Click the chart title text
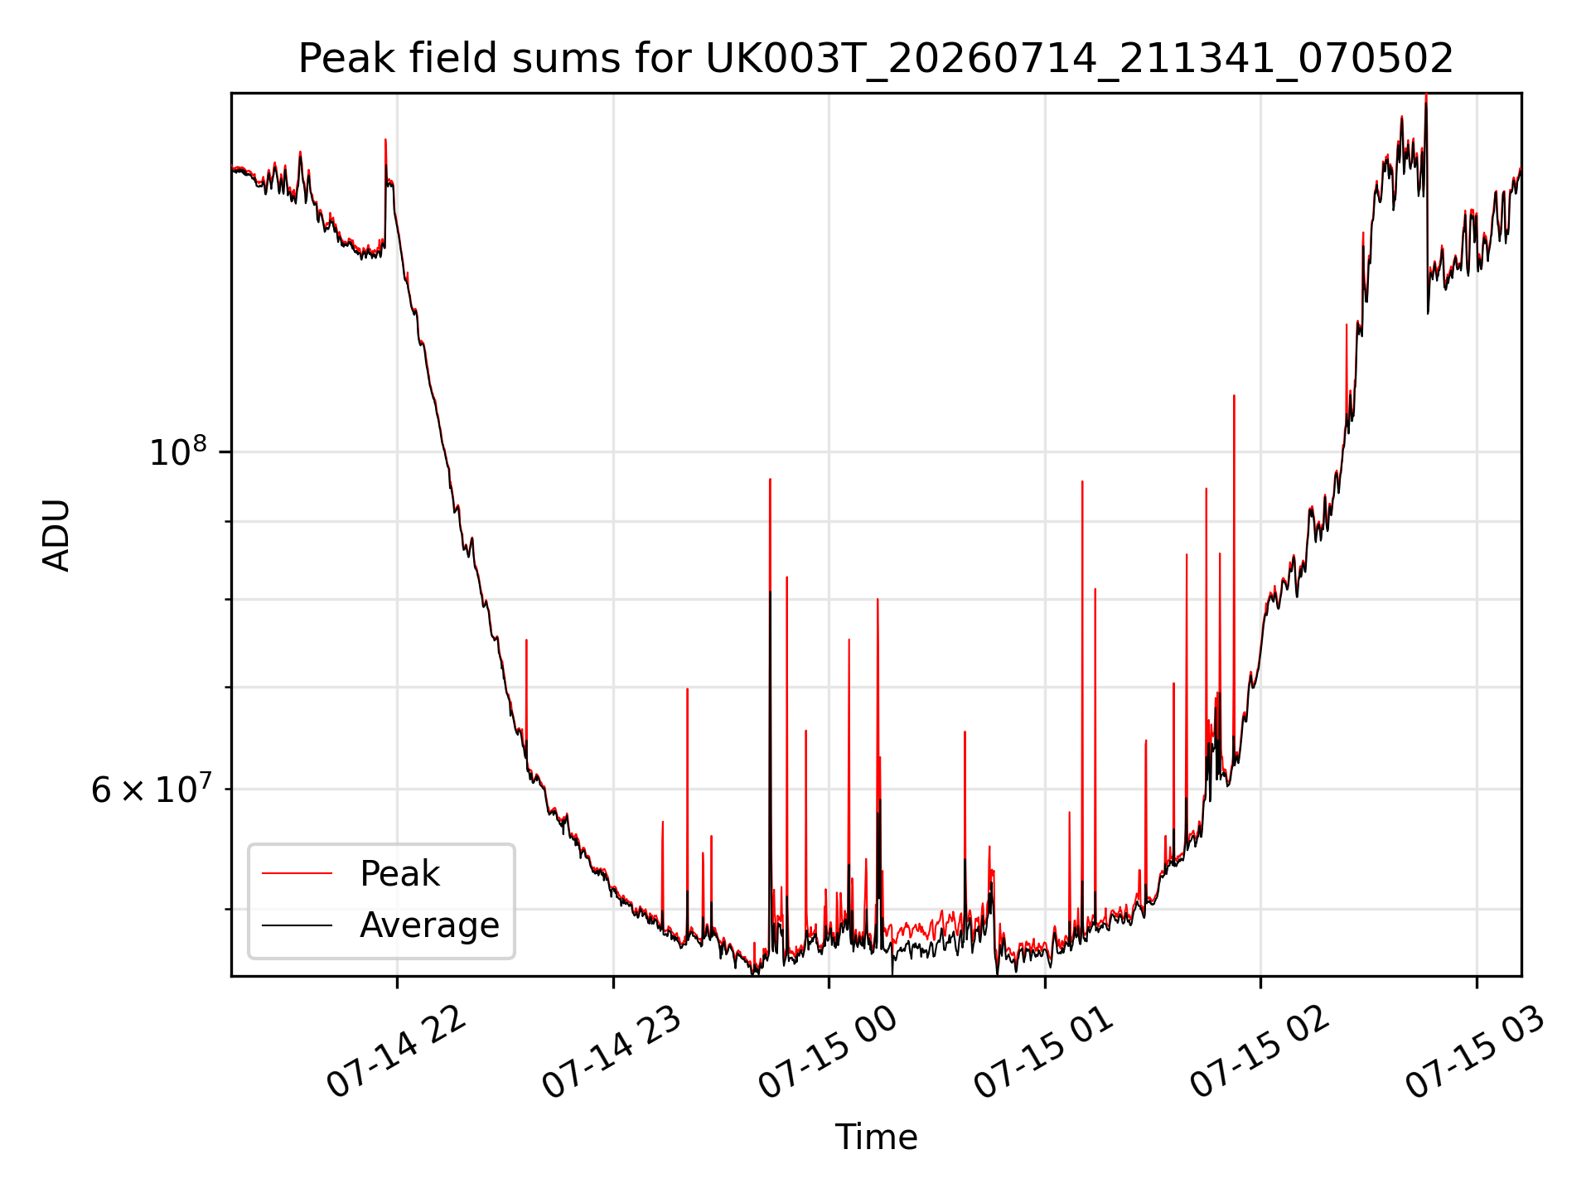click(x=876, y=59)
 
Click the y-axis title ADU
click(x=56, y=535)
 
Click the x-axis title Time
click(x=876, y=1137)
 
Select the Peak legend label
click(x=399, y=873)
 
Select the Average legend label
click(x=429, y=925)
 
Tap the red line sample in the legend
click(x=297, y=873)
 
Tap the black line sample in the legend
click(x=297, y=925)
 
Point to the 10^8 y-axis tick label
click(x=178, y=452)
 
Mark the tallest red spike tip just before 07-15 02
click(x=1234, y=396)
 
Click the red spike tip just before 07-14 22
click(x=385, y=140)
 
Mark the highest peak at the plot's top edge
click(x=1426, y=94)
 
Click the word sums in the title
click(x=581, y=59)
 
